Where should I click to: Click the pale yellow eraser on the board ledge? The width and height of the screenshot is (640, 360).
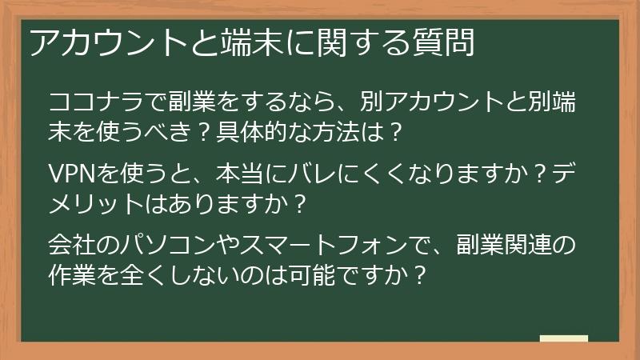point(563,338)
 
